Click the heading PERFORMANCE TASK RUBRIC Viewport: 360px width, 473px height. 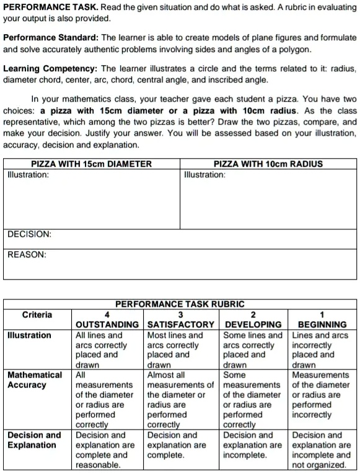click(180, 304)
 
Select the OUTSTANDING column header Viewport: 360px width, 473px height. click(107, 324)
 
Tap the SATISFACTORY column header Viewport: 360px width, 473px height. click(180, 324)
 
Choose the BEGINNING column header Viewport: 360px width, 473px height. click(322, 324)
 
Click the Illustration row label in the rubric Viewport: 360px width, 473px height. click(29, 335)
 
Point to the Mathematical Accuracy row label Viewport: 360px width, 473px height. click(35, 380)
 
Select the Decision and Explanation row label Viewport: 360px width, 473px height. click(35, 440)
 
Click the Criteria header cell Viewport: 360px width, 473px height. click(37, 314)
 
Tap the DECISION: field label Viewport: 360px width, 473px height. click(29, 235)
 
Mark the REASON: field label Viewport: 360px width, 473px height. click(27, 254)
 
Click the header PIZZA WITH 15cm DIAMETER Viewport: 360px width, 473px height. click(91, 164)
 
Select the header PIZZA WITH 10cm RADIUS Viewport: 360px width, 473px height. click(268, 164)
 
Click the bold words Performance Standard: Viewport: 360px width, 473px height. click(51, 38)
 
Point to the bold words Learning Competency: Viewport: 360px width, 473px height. click(51, 69)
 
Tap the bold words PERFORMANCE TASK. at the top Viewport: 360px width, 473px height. click(47, 6)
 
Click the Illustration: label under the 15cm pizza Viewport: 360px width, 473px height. click(29, 175)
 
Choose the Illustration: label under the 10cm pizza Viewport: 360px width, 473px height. click(205, 175)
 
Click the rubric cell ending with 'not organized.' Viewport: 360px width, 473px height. click(322, 450)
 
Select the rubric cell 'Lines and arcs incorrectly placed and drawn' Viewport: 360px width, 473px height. click(322, 350)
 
